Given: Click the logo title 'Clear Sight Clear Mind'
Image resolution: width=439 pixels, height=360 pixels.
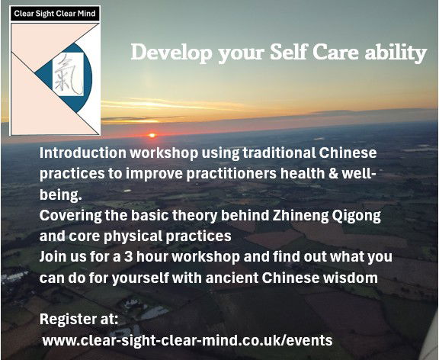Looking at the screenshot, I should point(55,14).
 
